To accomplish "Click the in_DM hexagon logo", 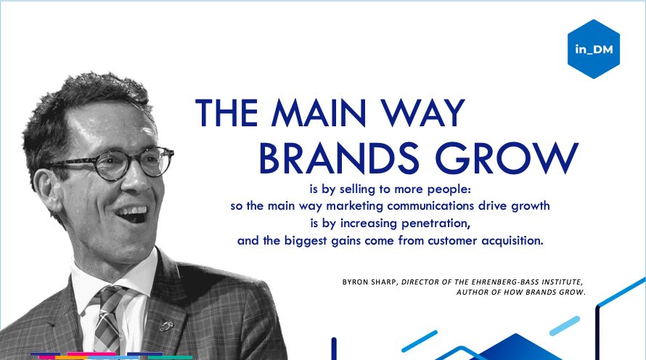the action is (594, 49).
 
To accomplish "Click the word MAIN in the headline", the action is (319, 112).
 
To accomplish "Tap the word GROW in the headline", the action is (507, 158).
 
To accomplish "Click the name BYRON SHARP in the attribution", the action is (369, 282).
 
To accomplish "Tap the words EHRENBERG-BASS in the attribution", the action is (504, 282).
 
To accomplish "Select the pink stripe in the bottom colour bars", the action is (91, 354).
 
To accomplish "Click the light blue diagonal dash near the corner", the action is (565, 326).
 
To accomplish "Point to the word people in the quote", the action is (449, 189).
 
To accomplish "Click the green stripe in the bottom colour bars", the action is (170, 358).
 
